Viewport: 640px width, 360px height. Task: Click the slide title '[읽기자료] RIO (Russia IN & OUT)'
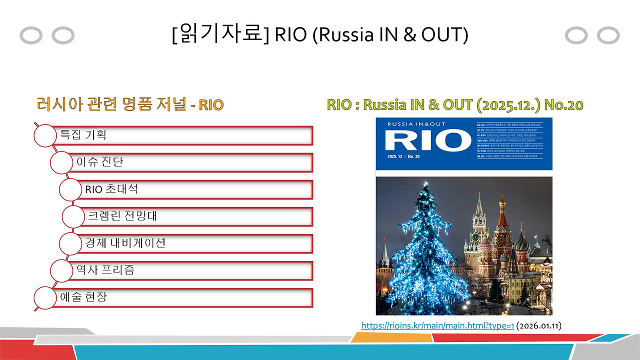pyautogui.click(x=319, y=35)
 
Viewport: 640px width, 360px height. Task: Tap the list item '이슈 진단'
pyautogui.click(x=99, y=162)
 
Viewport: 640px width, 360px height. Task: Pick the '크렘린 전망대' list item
pyautogui.click(x=122, y=216)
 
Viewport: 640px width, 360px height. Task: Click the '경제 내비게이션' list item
pyautogui.click(x=125, y=243)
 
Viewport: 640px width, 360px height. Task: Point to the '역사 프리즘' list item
pyautogui.click(x=105, y=270)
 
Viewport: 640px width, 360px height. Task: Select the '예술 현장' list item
pyautogui.click(x=83, y=297)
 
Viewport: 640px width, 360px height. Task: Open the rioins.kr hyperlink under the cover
pyautogui.click(x=437, y=326)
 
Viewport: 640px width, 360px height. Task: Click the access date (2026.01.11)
pyautogui.click(x=539, y=326)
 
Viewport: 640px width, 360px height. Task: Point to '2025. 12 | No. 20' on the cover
pyautogui.click(x=403, y=156)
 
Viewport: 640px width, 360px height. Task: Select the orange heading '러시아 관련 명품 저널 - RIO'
pyautogui.click(x=130, y=104)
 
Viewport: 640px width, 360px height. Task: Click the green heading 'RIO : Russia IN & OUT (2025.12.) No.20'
pyautogui.click(x=455, y=104)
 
